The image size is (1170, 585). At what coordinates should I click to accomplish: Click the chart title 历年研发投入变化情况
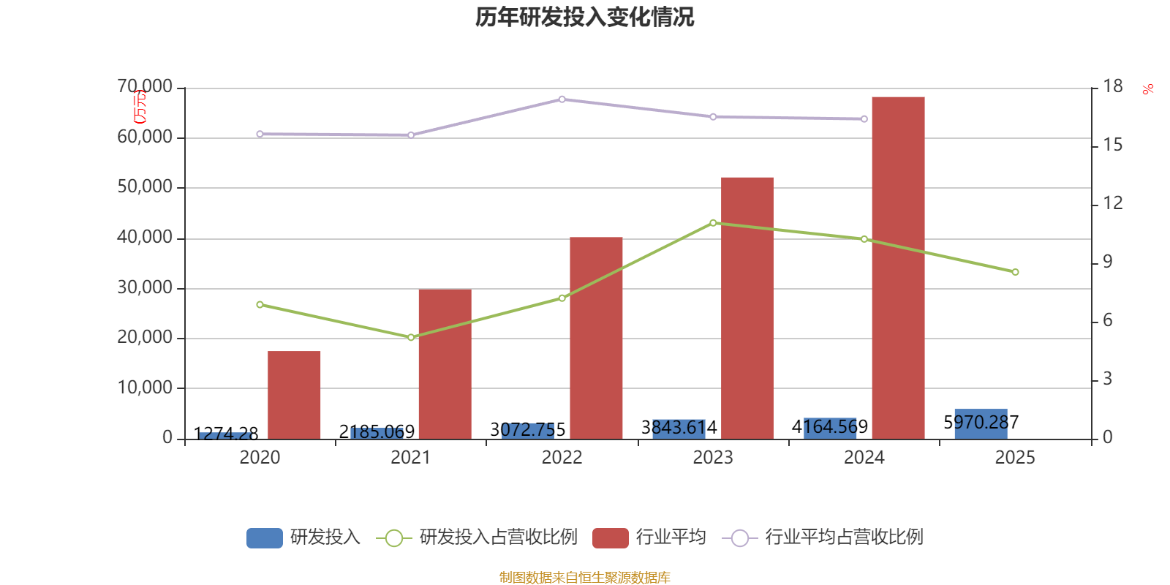(584, 17)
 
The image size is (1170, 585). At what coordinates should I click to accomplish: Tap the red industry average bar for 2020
(294, 395)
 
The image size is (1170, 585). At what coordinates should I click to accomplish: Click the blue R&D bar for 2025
(981, 424)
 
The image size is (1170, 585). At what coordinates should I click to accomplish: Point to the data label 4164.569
(829, 426)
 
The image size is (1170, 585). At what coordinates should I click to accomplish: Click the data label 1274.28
(226, 434)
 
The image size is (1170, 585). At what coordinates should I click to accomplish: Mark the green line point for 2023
(713, 222)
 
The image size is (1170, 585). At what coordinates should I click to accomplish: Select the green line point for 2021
(411, 337)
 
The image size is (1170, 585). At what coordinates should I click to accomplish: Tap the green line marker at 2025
(1015, 272)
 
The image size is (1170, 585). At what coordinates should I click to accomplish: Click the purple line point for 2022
(562, 99)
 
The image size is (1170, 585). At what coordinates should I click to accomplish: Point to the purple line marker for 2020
(260, 134)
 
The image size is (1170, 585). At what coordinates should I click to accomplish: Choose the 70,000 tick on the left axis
(145, 87)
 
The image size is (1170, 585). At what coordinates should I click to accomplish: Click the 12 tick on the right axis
(1113, 203)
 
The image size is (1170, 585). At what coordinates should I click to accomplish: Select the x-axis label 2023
(712, 458)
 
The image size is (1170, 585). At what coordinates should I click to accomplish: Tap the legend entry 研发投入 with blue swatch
(303, 537)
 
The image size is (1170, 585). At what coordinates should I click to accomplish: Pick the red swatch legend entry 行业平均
(649, 537)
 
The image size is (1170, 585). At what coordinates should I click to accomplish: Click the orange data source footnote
(584, 578)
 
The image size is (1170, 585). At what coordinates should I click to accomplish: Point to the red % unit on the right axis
(1147, 89)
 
